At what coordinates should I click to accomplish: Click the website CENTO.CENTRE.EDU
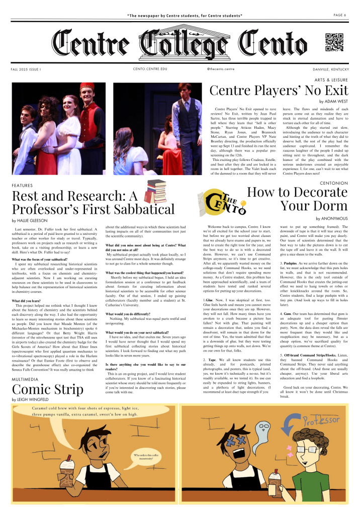[x=150, y=69]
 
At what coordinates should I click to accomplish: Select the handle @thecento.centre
[x=221, y=69]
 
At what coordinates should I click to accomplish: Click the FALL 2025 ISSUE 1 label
[x=26, y=69]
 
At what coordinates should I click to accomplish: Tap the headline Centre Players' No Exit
[x=279, y=90]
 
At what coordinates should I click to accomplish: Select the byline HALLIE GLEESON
[x=30, y=220]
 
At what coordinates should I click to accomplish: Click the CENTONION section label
[x=333, y=183]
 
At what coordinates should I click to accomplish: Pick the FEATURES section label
[x=22, y=186]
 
